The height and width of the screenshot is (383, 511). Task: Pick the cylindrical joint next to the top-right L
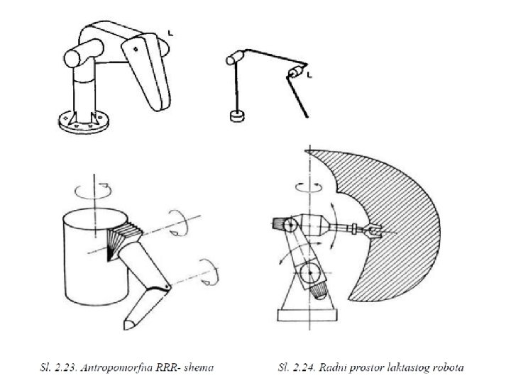tap(295, 72)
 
